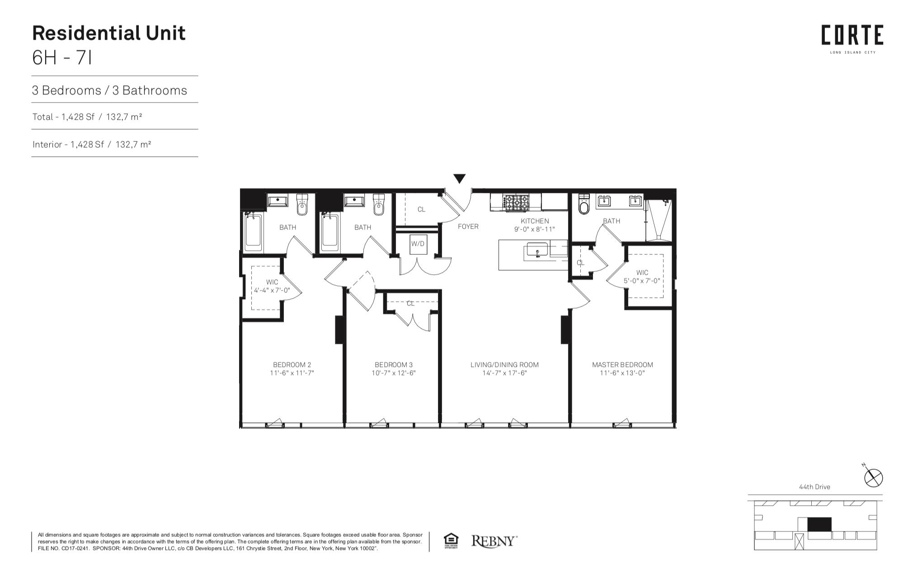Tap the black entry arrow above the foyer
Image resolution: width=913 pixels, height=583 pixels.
point(459,179)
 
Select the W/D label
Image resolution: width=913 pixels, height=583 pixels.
point(418,244)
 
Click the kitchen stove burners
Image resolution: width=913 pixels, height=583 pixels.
point(516,203)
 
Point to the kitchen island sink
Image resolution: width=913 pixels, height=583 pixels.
point(537,249)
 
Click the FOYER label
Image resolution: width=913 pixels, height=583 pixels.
point(468,226)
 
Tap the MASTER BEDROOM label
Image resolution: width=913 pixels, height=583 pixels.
point(622,365)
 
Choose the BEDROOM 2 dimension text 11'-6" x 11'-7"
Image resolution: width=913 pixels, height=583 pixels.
point(292,373)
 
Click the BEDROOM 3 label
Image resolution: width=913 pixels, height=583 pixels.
point(393,365)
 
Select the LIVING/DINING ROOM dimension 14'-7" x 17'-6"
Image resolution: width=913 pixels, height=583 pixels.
point(504,373)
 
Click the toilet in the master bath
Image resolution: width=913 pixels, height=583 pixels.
point(584,204)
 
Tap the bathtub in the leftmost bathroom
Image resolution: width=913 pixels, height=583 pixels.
point(253,233)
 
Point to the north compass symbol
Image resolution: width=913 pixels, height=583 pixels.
point(873,477)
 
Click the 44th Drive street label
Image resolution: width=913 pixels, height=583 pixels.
point(814,487)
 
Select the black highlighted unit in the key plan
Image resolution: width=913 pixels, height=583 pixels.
point(819,524)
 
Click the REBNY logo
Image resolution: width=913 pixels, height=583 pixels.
point(494,541)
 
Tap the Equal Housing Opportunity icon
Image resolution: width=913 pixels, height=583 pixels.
point(451,541)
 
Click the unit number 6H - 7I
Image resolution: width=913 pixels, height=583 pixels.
point(62,58)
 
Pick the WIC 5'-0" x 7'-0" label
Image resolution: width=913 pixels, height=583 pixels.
point(642,277)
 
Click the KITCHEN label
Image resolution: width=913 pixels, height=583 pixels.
point(535,221)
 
